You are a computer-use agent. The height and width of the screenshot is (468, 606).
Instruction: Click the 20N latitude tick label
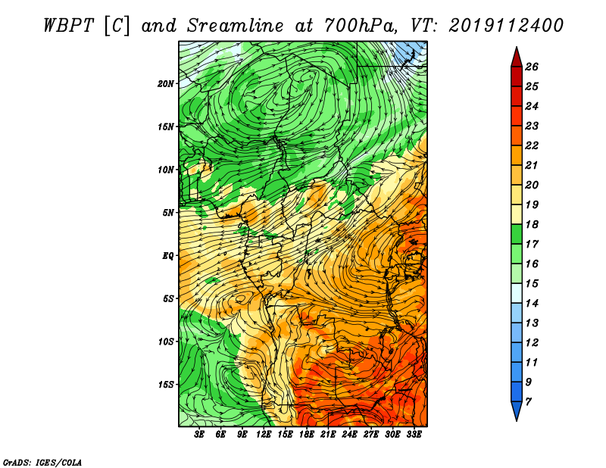coord(165,84)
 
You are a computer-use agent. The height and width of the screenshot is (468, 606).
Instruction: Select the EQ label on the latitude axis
coord(168,256)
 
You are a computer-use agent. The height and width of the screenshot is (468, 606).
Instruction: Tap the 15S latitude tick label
coord(165,385)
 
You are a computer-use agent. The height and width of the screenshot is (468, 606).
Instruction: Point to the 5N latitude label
coord(168,213)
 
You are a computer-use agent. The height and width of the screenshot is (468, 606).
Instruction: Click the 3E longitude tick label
coord(199,435)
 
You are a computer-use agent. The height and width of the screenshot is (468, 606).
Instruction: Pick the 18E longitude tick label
coord(307,435)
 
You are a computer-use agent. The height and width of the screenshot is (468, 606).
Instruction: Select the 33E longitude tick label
coord(414,435)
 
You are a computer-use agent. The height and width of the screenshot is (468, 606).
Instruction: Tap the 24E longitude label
coord(349,435)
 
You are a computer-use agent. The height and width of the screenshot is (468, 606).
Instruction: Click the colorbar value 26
coord(532,67)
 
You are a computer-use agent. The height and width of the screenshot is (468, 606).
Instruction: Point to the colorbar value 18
coord(532,224)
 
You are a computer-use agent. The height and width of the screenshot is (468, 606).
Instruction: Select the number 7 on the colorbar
coord(528,402)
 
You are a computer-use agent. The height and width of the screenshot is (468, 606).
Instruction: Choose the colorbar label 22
coord(532,145)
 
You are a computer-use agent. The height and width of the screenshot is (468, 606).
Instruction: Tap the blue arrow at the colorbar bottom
coord(517,410)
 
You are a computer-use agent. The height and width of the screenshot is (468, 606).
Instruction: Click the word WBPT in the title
coord(68,26)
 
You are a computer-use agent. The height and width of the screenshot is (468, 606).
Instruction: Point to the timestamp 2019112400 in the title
coord(506,26)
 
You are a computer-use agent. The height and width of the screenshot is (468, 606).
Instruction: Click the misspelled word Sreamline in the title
coord(236,26)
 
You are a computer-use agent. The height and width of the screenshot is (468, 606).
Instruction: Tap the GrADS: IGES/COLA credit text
coord(42,462)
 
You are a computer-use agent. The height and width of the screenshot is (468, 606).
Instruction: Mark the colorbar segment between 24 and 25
coord(517,97)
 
